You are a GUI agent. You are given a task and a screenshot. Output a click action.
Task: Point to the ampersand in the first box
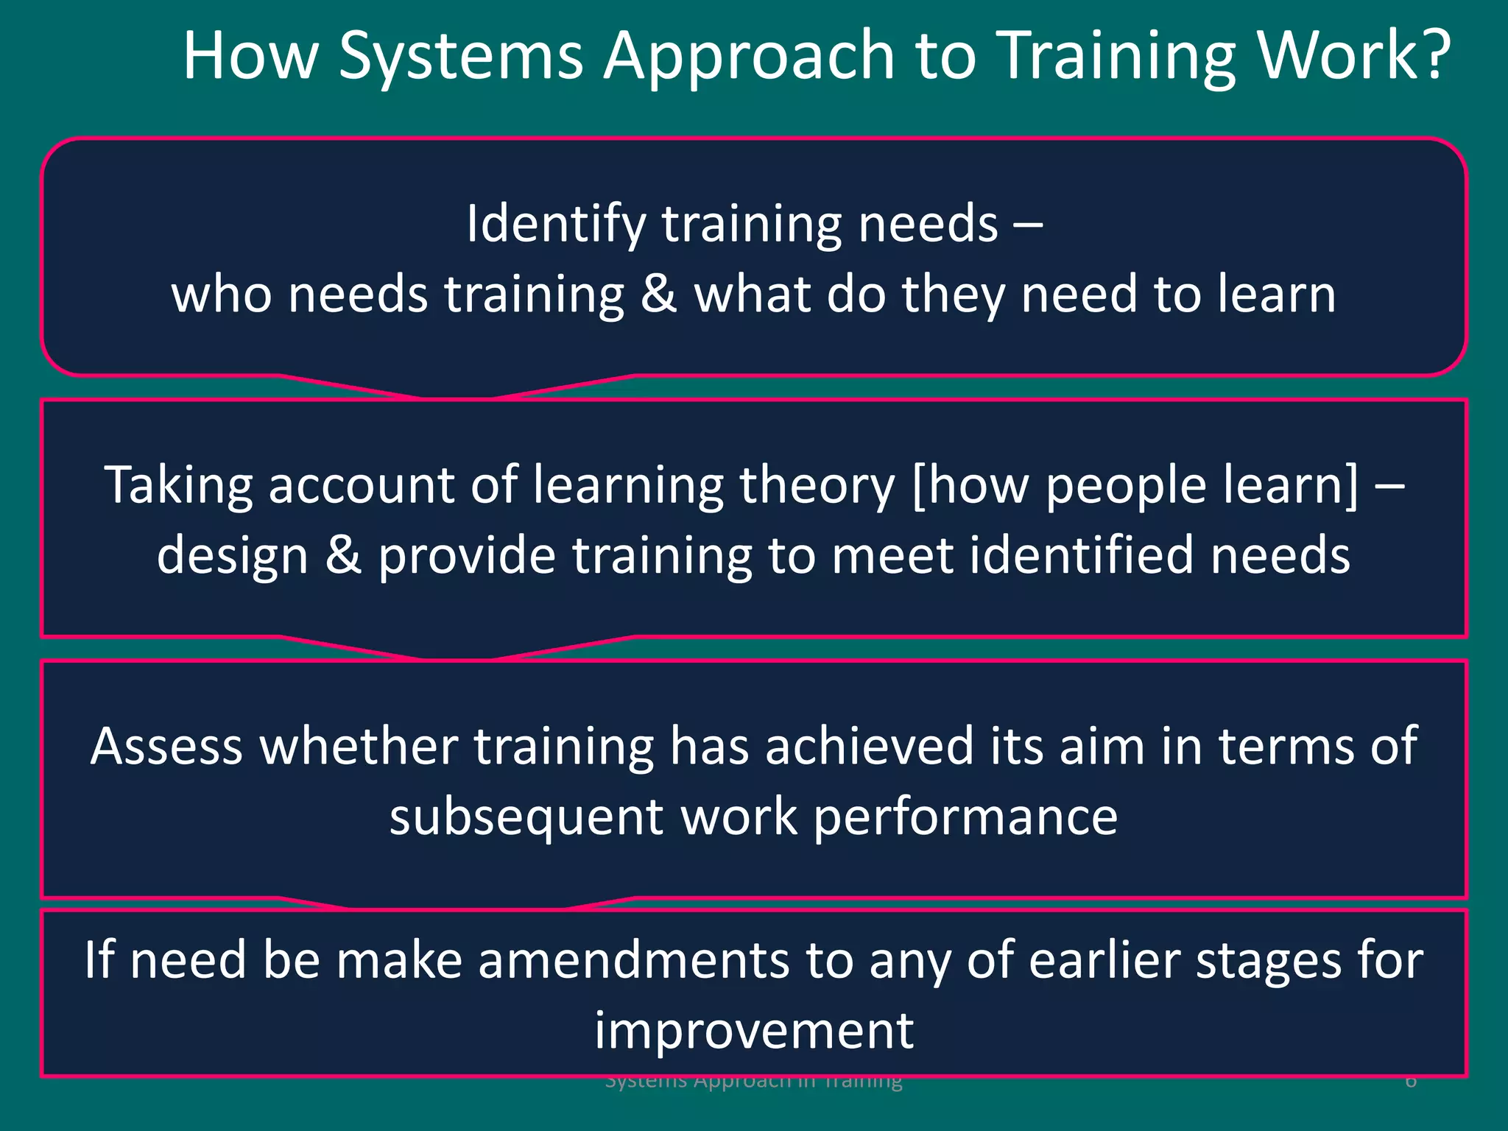click(658, 292)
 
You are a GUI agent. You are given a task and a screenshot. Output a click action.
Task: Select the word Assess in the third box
click(166, 746)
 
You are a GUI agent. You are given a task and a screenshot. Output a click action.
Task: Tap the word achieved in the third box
click(869, 746)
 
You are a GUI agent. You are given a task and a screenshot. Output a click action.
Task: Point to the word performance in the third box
click(965, 818)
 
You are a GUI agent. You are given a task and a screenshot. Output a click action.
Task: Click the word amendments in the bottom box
click(633, 960)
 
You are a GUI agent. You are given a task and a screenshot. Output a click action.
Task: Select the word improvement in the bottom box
click(754, 1030)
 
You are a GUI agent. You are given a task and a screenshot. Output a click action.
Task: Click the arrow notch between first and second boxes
click(457, 389)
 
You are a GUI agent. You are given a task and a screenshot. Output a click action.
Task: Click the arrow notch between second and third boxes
click(457, 649)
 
